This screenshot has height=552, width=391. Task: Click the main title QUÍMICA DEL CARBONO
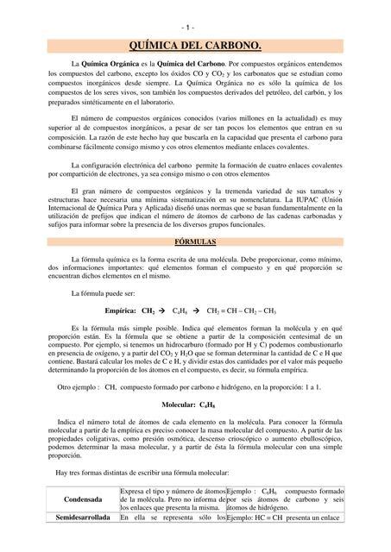(195, 45)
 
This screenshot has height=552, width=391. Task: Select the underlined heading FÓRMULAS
(195, 242)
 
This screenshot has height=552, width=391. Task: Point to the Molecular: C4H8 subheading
(195, 404)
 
